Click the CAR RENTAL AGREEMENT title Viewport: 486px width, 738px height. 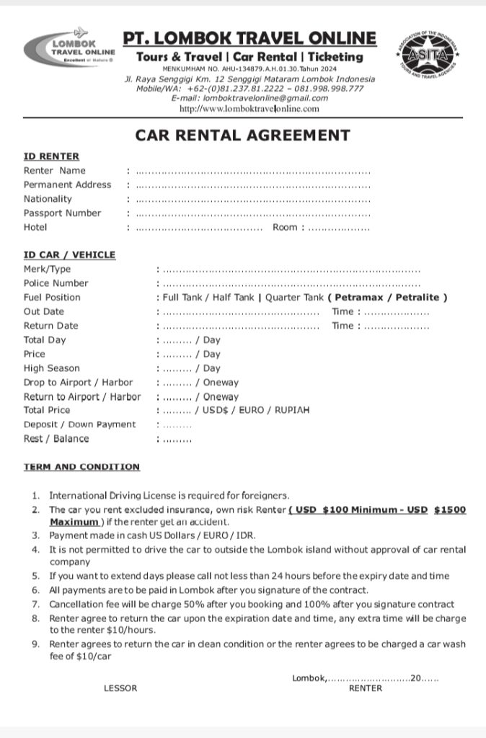click(242, 135)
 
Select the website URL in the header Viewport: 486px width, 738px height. click(249, 109)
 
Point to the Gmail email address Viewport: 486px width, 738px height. click(249, 98)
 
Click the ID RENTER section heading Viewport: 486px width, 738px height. click(51, 156)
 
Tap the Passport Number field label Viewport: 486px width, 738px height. click(62, 213)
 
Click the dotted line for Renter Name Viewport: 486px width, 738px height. click(252, 172)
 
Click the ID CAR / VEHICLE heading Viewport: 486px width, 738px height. click(69, 255)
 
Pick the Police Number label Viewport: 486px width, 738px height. click(56, 283)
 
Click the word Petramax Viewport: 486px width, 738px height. click(357, 297)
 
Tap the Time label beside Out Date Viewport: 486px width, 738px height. click(343, 311)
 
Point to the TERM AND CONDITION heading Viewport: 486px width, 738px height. click(81, 467)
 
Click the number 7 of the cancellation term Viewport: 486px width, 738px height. click(35, 605)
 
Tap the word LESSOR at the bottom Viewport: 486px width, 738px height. click(120, 688)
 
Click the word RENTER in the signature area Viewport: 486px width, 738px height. click(366, 688)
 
